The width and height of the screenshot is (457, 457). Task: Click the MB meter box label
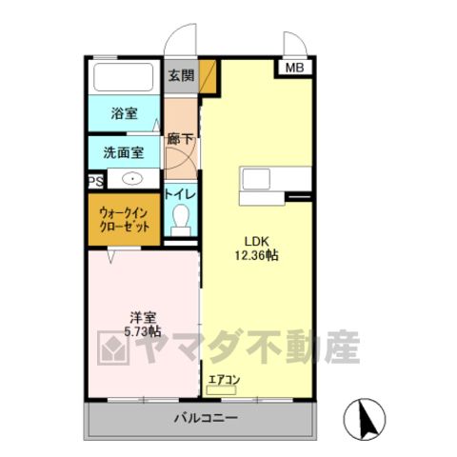(x=294, y=68)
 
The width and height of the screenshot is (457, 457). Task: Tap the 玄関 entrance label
(x=181, y=75)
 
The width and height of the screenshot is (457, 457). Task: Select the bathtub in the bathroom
(x=124, y=77)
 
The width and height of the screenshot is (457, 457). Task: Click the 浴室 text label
(x=124, y=113)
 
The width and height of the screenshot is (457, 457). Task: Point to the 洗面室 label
(x=124, y=152)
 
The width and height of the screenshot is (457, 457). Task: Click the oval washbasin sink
(x=132, y=179)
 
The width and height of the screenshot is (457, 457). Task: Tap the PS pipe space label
(x=96, y=182)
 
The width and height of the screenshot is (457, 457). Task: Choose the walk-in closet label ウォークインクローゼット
(x=124, y=219)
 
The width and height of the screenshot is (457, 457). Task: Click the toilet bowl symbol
(x=181, y=220)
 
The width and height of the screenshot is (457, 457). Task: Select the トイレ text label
(x=180, y=194)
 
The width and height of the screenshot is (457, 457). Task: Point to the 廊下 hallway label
(x=180, y=139)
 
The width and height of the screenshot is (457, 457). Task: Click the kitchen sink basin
(x=256, y=179)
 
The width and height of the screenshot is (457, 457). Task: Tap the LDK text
(x=257, y=242)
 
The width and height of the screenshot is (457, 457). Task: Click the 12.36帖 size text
(x=256, y=255)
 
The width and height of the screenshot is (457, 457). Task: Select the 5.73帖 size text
(x=143, y=331)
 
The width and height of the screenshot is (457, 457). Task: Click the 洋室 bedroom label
(x=143, y=318)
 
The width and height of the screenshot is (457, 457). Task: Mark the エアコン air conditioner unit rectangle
(x=221, y=390)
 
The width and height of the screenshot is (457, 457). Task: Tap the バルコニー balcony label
(x=206, y=418)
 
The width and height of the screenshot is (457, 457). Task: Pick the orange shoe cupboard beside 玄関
(x=208, y=76)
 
